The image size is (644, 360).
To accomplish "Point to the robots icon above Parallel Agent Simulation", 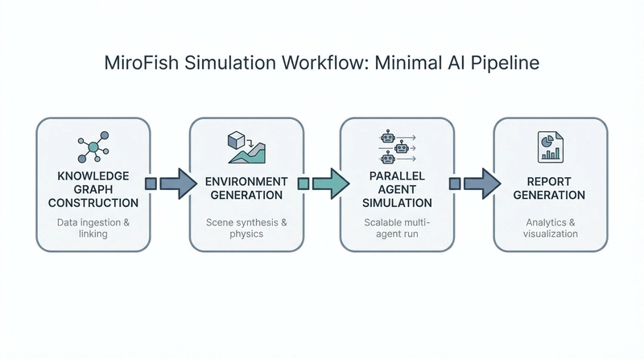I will pyautogui.click(x=396, y=147).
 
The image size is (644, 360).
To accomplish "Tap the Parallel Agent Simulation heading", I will pyautogui.click(x=396, y=190).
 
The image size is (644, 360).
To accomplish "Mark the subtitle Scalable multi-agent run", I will pyautogui.click(x=396, y=227).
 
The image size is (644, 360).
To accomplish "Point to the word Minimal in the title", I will pyautogui.click(x=402, y=64).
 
